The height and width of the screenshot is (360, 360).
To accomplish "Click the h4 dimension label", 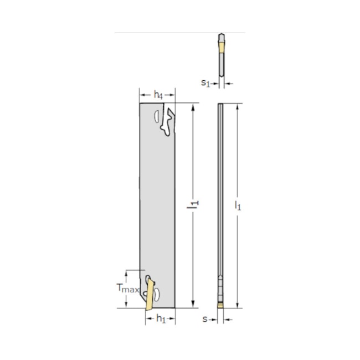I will pyautogui.click(x=158, y=95).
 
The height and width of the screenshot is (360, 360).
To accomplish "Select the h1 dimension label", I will pyautogui.click(x=160, y=318).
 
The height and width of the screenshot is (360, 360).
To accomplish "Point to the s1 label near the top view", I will pyautogui.click(x=205, y=83).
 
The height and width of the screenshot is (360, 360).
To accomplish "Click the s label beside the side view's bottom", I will pyautogui.click(x=205, y=319).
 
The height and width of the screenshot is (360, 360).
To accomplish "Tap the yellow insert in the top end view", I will pyautogui.click(x=222, y=48).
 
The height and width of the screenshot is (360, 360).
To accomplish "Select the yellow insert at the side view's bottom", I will pyautogui.click(x=221, y=304).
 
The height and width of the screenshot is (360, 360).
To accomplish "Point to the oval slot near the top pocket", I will pyautogui.click(x=157, y=116).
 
